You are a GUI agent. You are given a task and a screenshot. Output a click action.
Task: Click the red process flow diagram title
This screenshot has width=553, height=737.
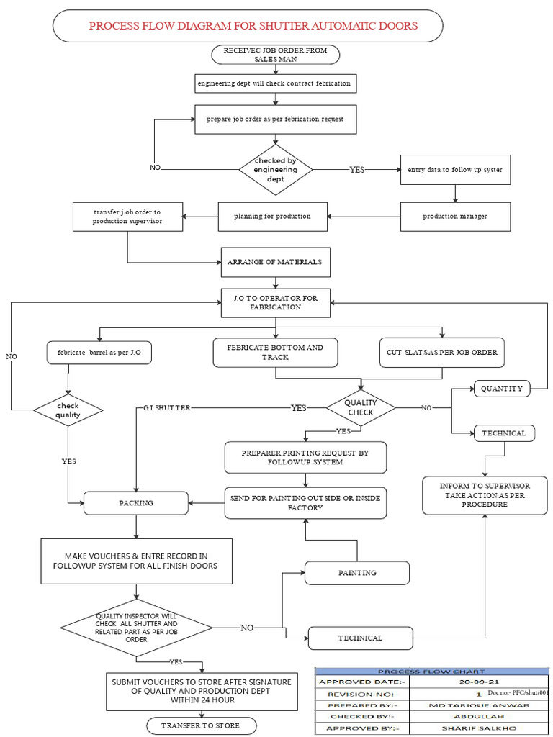[253, 26]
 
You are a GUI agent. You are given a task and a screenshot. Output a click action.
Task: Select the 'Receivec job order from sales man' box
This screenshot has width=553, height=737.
[275, 55]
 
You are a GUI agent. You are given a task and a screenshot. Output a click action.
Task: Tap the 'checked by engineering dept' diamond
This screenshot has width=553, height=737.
[276, 170]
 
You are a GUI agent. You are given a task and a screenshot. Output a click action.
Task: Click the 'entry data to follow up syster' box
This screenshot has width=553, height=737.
[454, 170]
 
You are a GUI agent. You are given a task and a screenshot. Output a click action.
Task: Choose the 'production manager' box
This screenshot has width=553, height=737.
[454, 216]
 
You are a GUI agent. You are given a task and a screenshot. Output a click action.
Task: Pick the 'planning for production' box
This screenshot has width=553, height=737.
[272, 216]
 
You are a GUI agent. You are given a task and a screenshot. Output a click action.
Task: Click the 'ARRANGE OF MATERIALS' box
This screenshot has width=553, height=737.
[275, 262]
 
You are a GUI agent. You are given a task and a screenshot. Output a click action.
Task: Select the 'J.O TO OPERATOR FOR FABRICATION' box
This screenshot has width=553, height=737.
[275, 302]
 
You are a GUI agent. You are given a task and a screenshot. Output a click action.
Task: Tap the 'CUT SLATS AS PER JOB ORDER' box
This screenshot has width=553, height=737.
[442, 353]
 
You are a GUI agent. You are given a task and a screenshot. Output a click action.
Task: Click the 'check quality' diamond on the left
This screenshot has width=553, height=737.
[68, 410]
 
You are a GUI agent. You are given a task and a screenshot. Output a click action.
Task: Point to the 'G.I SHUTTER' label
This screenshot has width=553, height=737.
[167, 408]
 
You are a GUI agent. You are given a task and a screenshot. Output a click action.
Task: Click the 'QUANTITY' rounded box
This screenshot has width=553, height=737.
[502, 389]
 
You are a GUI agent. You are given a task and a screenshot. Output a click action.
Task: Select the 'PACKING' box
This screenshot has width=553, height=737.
[136, 503]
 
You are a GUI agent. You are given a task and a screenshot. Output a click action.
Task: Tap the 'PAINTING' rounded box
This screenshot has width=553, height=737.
[357, 573]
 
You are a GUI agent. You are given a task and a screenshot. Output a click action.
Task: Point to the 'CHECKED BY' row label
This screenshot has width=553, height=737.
[361, 717]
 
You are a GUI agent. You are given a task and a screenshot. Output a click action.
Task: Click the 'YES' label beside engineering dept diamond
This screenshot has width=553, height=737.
[357, 170]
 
